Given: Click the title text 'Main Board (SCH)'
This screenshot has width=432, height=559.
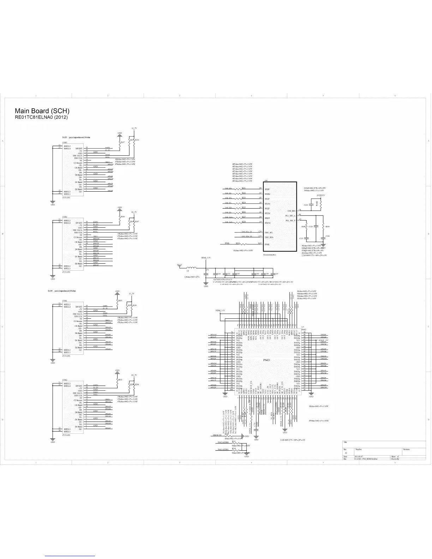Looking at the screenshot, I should [42, 111].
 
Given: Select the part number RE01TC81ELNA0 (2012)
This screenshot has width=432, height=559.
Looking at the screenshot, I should [41, 117].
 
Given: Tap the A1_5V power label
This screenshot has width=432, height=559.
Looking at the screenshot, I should [134, 128].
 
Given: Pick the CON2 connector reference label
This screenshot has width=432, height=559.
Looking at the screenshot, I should [65, 380].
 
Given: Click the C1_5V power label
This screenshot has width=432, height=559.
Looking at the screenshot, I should [132, 294].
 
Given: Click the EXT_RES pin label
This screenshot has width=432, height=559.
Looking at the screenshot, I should [291, 211].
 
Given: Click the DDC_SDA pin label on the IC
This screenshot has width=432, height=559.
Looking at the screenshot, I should [269, 237].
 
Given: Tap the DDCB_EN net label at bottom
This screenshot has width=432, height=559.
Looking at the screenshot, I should [217, 435].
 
